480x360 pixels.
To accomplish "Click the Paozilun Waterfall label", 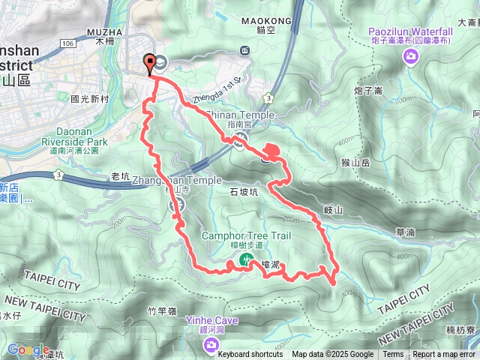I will tap(410, 31).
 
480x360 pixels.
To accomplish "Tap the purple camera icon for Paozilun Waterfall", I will tap(410, 57).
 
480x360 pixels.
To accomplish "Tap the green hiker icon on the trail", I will tap(245, 259).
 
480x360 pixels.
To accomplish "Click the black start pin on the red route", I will tap(150, 64).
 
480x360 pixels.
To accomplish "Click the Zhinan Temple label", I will tap(239, 115).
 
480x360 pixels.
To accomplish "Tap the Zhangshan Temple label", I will tap(177, 181).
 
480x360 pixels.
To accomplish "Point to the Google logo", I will tap(28, 350).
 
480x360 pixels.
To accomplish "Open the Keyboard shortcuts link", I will tap(250, 355).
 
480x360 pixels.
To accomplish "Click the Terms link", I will tap(393, 355).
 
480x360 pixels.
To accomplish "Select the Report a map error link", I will tap(444, 355).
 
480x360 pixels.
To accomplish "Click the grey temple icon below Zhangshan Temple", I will tap(178, 205).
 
